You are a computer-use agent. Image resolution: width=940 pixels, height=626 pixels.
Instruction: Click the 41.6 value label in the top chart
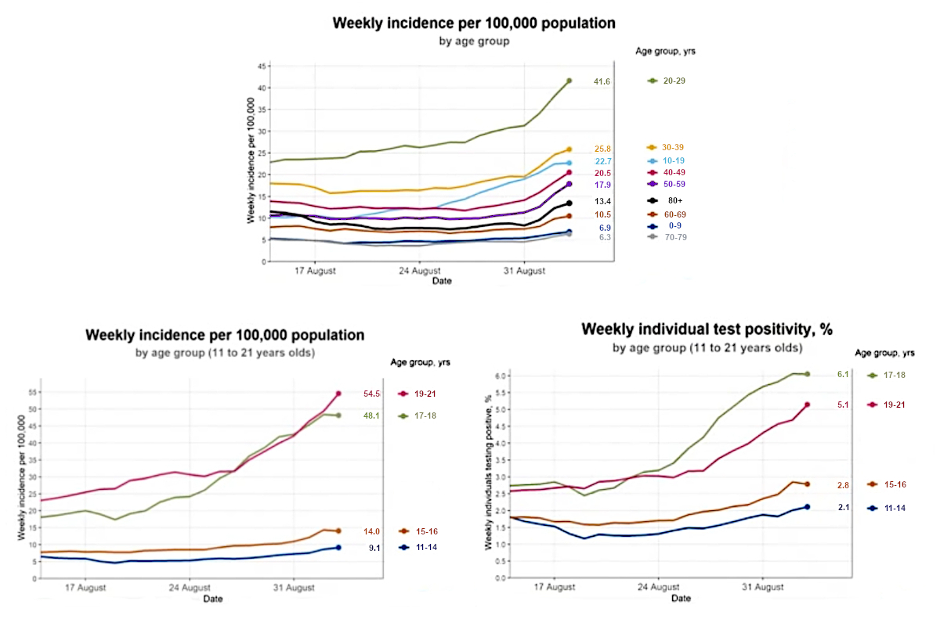tap(602, 81)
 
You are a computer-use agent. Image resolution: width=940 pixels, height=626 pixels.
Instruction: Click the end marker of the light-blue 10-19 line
tap(569, 163)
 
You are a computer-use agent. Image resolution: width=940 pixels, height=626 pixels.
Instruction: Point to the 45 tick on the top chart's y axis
tap(262, 67)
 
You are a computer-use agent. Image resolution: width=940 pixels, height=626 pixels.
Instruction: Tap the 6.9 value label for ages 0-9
tap(604, 228)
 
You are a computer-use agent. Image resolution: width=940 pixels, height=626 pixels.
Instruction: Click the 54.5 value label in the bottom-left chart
tap(371, 394)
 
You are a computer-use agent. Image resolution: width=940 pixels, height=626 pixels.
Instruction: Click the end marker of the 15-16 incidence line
tap(338, 531)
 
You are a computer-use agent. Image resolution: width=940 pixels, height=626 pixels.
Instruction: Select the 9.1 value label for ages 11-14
tap(374, 547)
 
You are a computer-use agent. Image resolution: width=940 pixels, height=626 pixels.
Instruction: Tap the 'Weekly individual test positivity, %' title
tap(707, 329)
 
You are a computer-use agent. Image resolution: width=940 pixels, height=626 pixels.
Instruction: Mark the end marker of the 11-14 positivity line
tap(807, 507)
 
